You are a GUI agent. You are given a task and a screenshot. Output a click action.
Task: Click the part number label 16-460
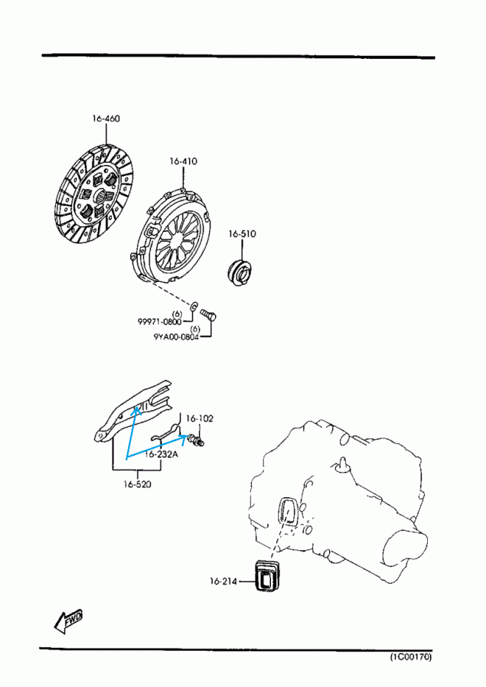[x=106, y=118]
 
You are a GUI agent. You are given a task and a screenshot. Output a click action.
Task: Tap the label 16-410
[x=183, y=161]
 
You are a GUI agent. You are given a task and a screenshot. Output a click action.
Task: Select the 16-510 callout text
[x=242, y=234]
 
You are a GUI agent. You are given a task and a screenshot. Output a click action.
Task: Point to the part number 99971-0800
[x=159, y=322]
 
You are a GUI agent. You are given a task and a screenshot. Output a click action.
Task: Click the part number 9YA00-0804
[x=176, y=337]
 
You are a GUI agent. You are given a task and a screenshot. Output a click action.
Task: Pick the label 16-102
[x=199, y=419]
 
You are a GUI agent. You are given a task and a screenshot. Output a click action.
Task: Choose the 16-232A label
[x=161, y=454]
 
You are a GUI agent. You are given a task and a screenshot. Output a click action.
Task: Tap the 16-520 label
[x=137, y=484]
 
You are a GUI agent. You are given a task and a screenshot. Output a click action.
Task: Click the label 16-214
[x=223, y=581]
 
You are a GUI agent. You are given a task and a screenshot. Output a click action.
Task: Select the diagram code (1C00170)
[x=410, y=656]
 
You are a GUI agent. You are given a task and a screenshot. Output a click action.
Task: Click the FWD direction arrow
[x=68, y=621]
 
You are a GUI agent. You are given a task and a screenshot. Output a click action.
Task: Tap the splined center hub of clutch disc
[x=97, y=196]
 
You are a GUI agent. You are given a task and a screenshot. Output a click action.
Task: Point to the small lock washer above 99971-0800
[x=195, y=306]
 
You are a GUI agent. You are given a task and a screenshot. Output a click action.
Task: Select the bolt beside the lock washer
[x=208, y=315]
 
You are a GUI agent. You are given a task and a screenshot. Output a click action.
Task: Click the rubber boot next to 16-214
[x=267, y=577]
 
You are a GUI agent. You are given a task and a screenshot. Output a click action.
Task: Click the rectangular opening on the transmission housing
[x=288, y=511]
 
